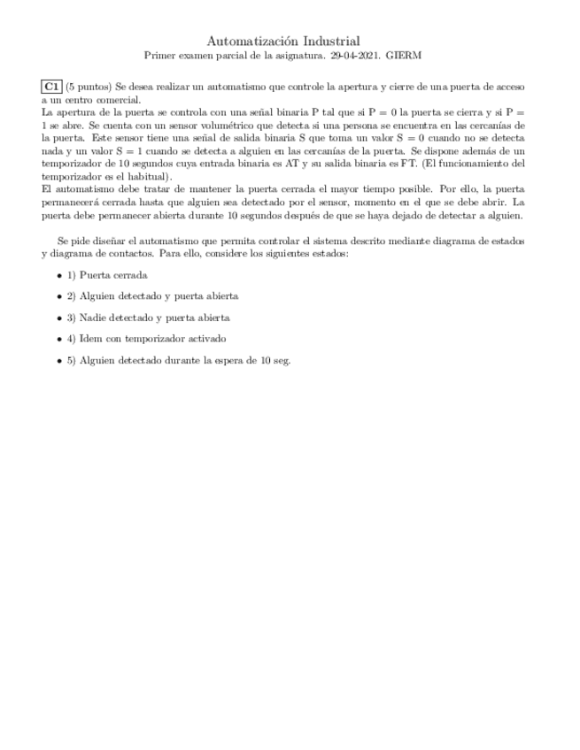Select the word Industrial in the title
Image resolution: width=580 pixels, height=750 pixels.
[328, 41]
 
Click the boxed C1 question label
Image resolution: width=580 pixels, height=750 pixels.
[51, 87]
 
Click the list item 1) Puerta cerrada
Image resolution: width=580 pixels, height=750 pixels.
[107, 275]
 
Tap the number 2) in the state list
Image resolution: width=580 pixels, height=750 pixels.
[72, 296]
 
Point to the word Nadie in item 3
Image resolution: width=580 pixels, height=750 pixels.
[93, 318]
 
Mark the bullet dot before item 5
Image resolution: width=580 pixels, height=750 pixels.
[59, 361]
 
